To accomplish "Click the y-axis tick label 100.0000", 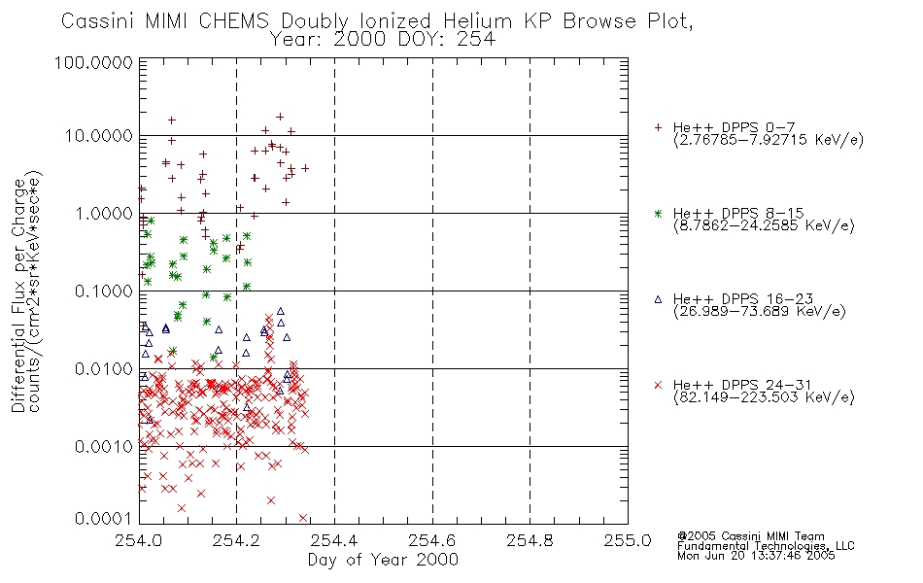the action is point(93,62).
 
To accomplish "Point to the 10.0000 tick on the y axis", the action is point(99,136).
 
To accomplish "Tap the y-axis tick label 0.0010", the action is point(104,447).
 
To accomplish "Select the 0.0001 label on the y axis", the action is point(104,519).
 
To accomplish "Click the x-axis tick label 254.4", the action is point(334,540).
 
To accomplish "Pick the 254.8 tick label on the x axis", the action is point(530,540).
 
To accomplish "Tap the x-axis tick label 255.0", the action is point(628,540).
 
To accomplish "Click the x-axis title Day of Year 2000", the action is point(383,560).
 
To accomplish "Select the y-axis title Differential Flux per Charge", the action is point(18,294).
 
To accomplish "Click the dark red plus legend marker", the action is point(658,127).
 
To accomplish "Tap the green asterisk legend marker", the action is point(658,213).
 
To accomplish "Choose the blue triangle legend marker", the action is point(658,299).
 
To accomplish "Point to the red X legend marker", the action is point(658,385).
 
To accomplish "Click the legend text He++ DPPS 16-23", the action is point(743,299).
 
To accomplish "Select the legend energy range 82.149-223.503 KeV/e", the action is point(764,397).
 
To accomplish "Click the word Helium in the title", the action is point(477,21).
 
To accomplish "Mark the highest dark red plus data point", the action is point(280,118).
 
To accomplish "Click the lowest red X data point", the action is point(303,518).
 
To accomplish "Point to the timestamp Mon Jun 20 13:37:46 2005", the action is point(756,556).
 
